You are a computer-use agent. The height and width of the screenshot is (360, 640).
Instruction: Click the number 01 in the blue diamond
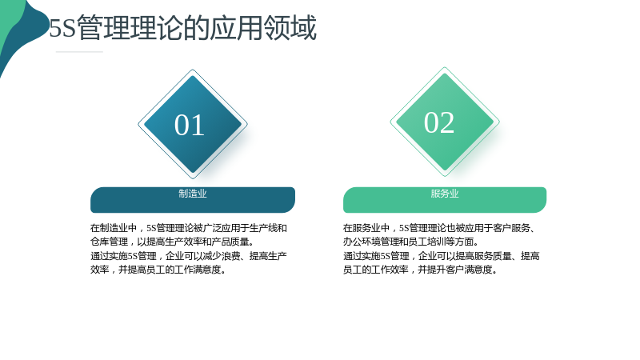(190, 125)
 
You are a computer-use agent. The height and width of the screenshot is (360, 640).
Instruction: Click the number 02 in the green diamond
(439, 122)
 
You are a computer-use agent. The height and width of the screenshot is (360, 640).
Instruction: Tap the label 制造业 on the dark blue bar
(193, 194)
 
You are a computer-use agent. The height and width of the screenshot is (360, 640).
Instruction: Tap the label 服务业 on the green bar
(445, 194)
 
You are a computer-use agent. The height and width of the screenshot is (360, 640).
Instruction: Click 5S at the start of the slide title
(62, 28)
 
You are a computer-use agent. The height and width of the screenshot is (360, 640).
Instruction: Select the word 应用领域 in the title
(263, 28)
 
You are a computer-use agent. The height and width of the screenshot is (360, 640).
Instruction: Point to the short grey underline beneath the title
(79, 52)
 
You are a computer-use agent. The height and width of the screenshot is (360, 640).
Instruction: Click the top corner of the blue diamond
(193, 70)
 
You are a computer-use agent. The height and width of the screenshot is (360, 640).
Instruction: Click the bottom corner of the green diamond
(445, 176)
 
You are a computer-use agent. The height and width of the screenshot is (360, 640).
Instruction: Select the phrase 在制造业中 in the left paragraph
(114, 228)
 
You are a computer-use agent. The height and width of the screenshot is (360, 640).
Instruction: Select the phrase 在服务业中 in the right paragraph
(366, 228)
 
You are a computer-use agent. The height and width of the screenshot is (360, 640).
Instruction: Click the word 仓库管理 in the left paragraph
(110, 242)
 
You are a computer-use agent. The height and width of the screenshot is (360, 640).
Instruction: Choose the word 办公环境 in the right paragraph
(362, 242)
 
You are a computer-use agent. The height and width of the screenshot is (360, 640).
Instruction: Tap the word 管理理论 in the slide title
(130, 28)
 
